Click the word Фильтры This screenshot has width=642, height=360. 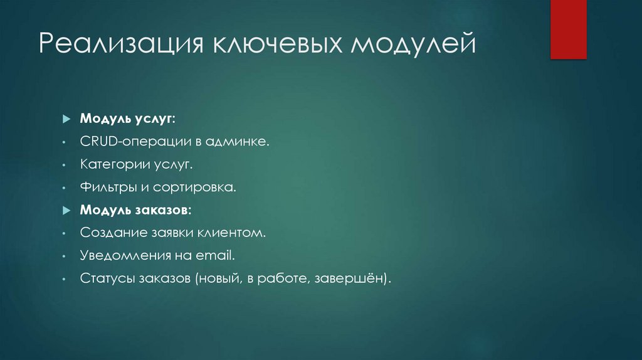pos(105,188)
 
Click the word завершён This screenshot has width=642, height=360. pos(361,278)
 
